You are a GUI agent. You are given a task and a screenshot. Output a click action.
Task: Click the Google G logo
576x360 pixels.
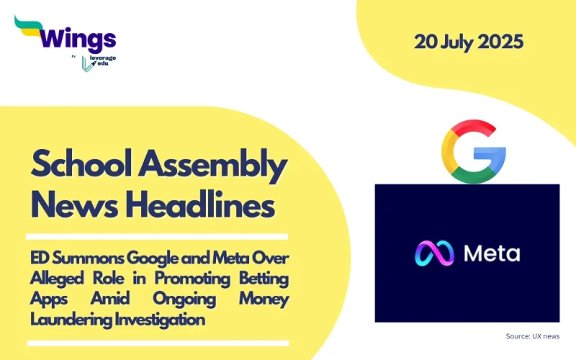click(474, 151)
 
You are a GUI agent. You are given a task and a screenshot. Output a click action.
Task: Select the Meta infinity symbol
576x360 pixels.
click(433, 253)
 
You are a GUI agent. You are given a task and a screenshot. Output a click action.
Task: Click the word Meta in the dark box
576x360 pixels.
click(491, 253)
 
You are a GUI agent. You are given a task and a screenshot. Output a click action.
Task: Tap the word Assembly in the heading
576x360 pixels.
click(215, 166)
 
